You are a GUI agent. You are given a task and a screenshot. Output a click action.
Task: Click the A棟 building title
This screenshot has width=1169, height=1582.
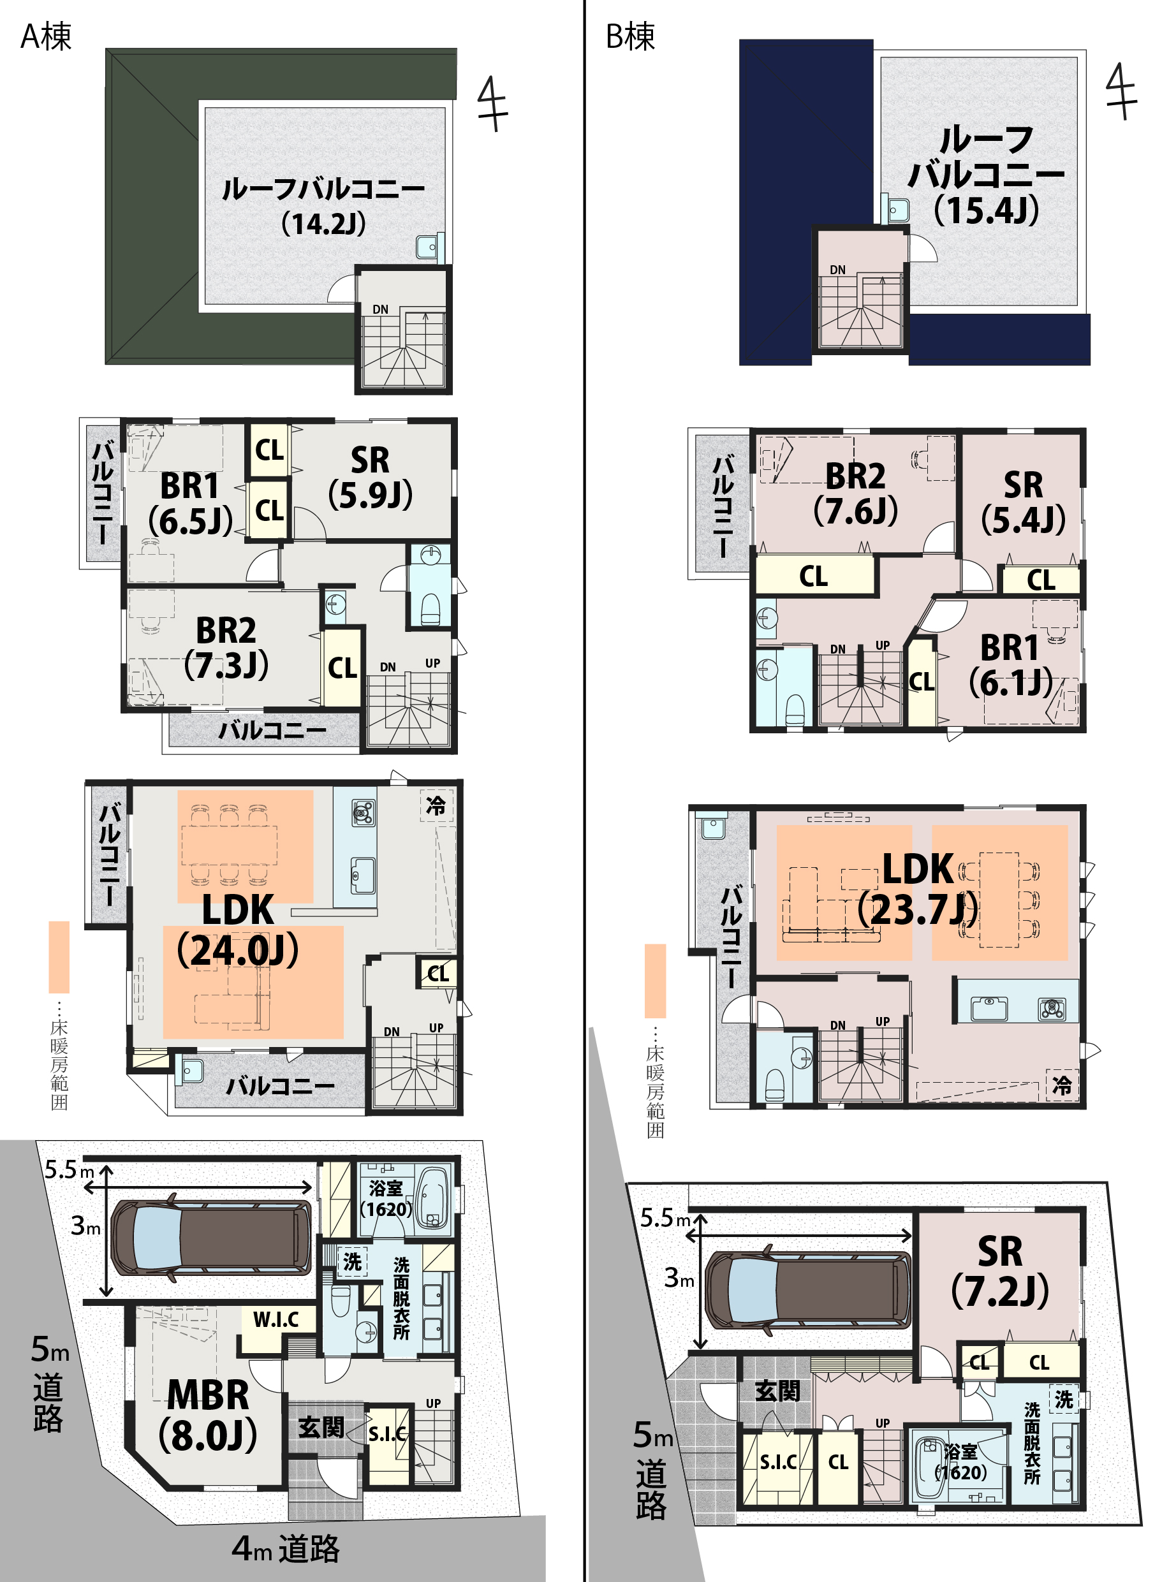46,37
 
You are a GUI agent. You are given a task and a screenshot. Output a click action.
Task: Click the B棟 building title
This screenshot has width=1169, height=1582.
631,37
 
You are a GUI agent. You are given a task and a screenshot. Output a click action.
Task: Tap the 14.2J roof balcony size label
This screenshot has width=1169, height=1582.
323,224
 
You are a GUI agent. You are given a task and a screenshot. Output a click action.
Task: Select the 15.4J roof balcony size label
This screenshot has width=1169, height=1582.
987,210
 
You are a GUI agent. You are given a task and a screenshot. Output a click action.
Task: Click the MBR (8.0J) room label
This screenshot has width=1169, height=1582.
208,1415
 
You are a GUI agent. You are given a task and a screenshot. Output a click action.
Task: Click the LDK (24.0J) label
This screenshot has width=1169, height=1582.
238,930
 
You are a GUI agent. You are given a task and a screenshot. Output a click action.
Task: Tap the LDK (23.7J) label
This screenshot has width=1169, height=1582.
918,889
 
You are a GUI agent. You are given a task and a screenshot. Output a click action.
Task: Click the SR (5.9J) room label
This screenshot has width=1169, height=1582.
370,478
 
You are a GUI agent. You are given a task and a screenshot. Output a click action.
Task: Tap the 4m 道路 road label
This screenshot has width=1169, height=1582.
286,1549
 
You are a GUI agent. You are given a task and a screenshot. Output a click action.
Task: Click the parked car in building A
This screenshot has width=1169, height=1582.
211,1237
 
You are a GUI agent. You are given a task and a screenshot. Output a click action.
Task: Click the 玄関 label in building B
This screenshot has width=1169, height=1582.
777,1391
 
